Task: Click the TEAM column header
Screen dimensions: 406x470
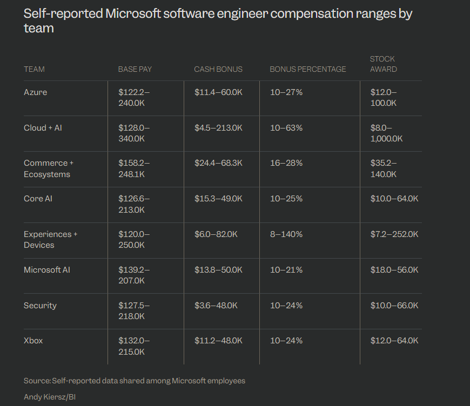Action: tap(34, 69)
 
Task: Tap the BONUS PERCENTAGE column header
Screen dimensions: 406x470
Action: tap(307, 69)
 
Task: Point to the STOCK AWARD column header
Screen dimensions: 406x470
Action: tap(383, 64)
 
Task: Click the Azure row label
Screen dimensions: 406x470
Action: tap(35, 92)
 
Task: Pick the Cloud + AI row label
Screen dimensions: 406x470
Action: tap(43, 128)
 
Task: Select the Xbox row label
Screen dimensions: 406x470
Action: tap(33, 341)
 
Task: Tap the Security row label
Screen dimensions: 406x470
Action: tap(40, 306)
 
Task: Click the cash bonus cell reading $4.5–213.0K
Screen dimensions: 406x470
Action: tap(218, 128)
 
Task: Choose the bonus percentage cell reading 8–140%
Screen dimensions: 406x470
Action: tap(286, 234)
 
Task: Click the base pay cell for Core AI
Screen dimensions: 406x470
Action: tap(133, 204)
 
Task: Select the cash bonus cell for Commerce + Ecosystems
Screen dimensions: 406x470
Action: tap(218, 163)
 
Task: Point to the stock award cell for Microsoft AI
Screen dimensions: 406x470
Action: tap(394, 270)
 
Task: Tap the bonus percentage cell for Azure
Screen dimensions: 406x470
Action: tap(286, 92)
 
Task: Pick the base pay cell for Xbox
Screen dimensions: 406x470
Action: tap(133, 346)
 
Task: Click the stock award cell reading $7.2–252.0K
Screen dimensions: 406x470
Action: tap(394, 234)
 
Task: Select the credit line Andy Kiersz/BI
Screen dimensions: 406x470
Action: tap(49, 397)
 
